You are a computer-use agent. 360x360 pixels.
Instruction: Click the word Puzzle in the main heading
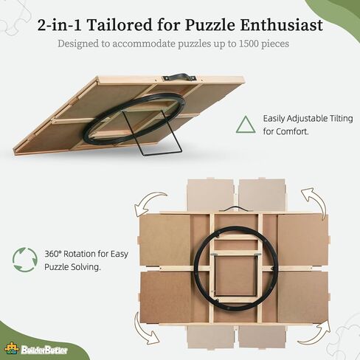(210, 25)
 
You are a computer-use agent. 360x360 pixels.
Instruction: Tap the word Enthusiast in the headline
(282, 24)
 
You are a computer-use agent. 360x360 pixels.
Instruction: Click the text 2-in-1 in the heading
(59, 24)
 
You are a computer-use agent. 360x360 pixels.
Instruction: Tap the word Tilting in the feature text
(341, 119)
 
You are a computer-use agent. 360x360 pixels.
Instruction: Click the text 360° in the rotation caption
(52, 254)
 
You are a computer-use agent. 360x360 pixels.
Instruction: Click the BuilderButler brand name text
(44, 350)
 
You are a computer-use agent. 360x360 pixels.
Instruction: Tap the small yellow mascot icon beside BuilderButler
(12, 349)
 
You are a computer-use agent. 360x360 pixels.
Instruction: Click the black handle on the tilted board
(179, 76)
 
